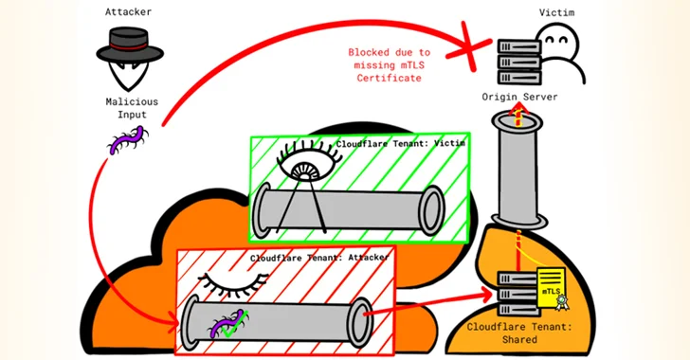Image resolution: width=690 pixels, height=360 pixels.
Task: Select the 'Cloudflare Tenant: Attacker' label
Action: click(308, 258)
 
